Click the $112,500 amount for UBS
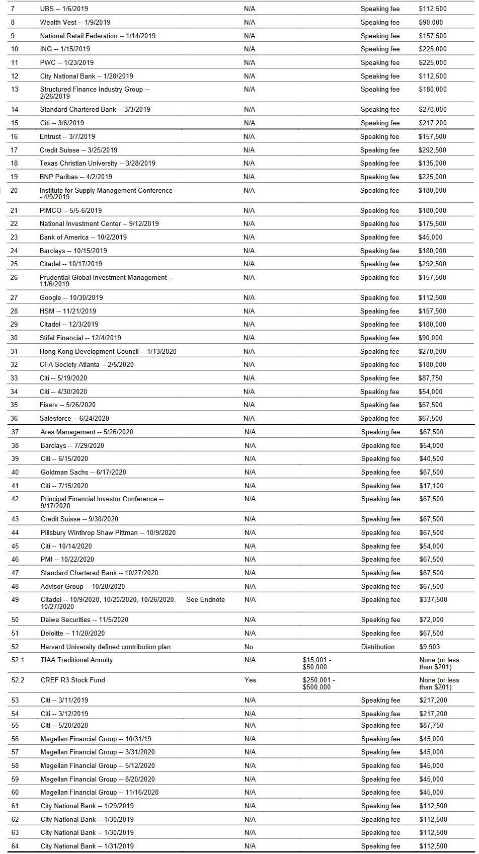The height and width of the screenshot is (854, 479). (432, 9)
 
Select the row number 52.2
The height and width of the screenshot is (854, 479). (18, 680)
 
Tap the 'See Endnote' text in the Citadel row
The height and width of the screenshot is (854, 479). (205, 599)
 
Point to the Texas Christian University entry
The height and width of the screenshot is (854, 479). (98, 163)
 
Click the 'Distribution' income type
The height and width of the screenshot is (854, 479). (377, 647)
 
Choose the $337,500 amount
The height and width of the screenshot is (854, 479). (433, 599)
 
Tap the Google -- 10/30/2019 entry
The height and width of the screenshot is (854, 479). (71, 297)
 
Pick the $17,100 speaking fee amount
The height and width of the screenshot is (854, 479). (431, 486)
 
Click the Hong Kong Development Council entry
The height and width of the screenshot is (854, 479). (108, 351)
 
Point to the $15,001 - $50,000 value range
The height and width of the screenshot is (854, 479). (317, 663)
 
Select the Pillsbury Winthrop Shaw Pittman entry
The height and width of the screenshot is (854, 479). (108, 532)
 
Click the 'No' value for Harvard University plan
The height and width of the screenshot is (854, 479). (249, 647)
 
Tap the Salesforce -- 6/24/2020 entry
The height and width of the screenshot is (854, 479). (74, 418)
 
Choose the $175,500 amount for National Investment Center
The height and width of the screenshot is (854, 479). (432, 223)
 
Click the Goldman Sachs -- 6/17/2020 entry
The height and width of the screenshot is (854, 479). (83, 472)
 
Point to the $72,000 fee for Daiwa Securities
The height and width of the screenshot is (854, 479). (431, 619)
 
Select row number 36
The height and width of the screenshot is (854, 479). (14, 418)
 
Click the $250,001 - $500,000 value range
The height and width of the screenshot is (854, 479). (319, 683)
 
